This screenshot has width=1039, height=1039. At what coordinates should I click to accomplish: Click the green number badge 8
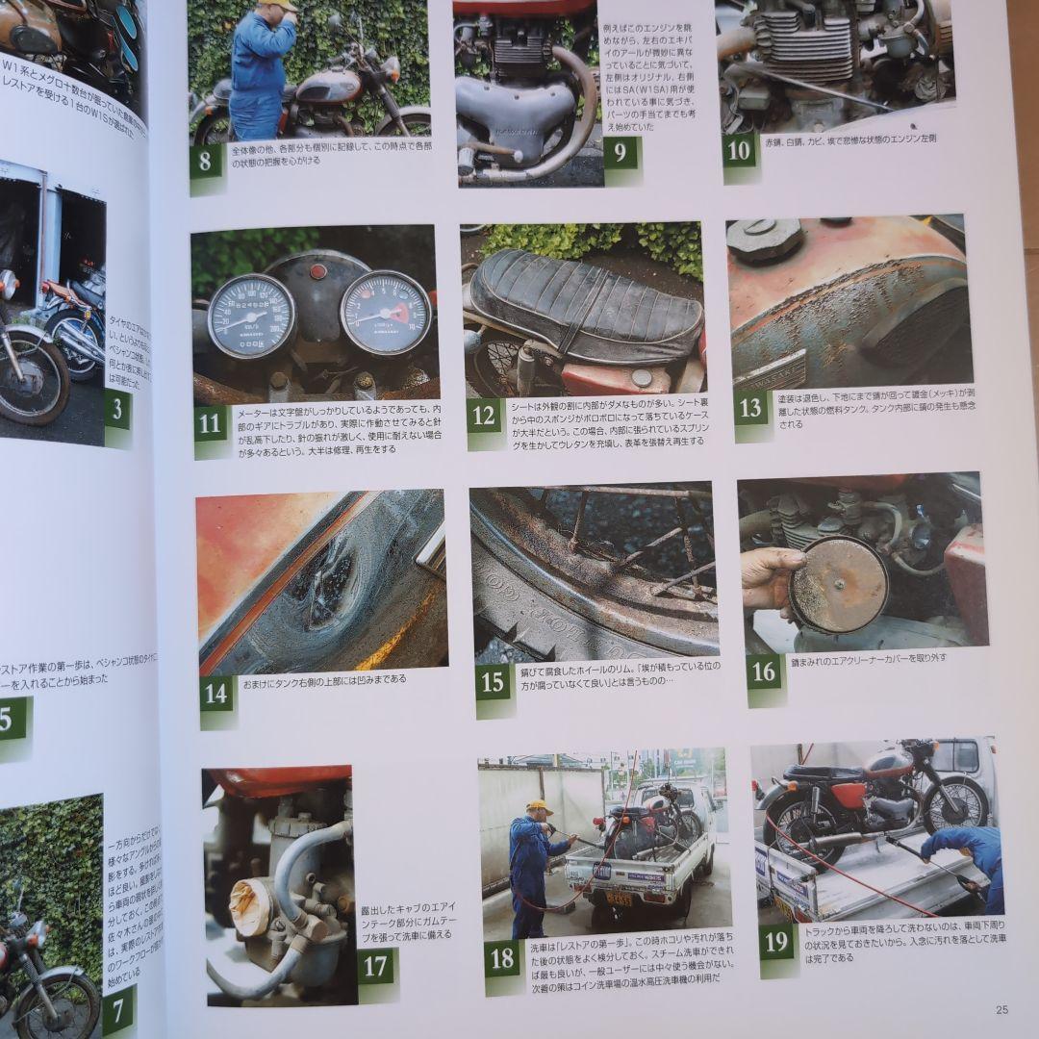pos(206,161)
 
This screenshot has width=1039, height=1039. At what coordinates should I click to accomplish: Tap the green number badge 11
pos(211,422)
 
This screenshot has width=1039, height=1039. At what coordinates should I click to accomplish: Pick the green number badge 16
pos(765,671)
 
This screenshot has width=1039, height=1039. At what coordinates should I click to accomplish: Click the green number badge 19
pos(776,941)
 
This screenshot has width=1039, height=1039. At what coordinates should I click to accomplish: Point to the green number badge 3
pos(116,411)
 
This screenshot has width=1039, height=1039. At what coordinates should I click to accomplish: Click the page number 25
pos(1001,1009)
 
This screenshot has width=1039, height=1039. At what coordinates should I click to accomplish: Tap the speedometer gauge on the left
pos(251,315)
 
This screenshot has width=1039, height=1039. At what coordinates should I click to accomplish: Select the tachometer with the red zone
pos(385,312)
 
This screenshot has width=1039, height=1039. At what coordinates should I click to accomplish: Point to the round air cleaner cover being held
pos(838,584)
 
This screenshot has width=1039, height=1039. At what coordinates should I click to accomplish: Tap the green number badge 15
pos(493,680)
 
